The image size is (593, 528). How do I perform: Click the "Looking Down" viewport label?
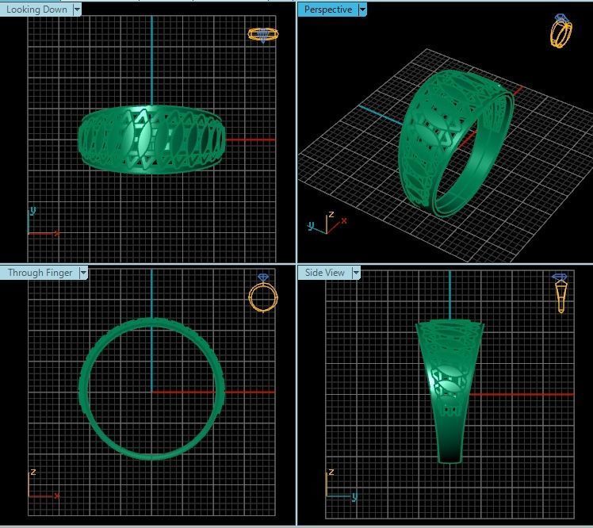(37, 10)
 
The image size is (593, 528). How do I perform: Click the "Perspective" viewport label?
(327, 10)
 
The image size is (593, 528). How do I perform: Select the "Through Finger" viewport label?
(40, 273)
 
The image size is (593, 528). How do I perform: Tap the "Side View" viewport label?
(325, 273)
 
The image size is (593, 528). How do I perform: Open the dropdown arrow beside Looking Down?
(77, 10)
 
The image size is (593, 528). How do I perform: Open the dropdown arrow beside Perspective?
(362, 10)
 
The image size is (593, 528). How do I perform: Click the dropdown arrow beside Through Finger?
(83, 273)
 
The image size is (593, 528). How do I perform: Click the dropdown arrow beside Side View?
(356, 273)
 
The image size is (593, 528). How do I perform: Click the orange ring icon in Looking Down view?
(262, 34)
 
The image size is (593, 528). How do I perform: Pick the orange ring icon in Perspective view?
(561, 32)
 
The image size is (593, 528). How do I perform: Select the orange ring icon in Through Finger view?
(263, 294)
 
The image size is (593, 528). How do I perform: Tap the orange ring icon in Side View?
(560, 293)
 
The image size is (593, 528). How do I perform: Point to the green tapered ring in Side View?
(449, 388)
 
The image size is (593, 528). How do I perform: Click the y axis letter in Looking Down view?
(33, 211)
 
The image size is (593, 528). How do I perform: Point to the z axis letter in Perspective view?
(331, 215)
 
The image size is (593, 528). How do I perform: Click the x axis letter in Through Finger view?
(57, 495)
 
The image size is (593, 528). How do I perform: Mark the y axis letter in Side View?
(354, 496)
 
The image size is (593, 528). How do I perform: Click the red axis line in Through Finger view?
(246, 392)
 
